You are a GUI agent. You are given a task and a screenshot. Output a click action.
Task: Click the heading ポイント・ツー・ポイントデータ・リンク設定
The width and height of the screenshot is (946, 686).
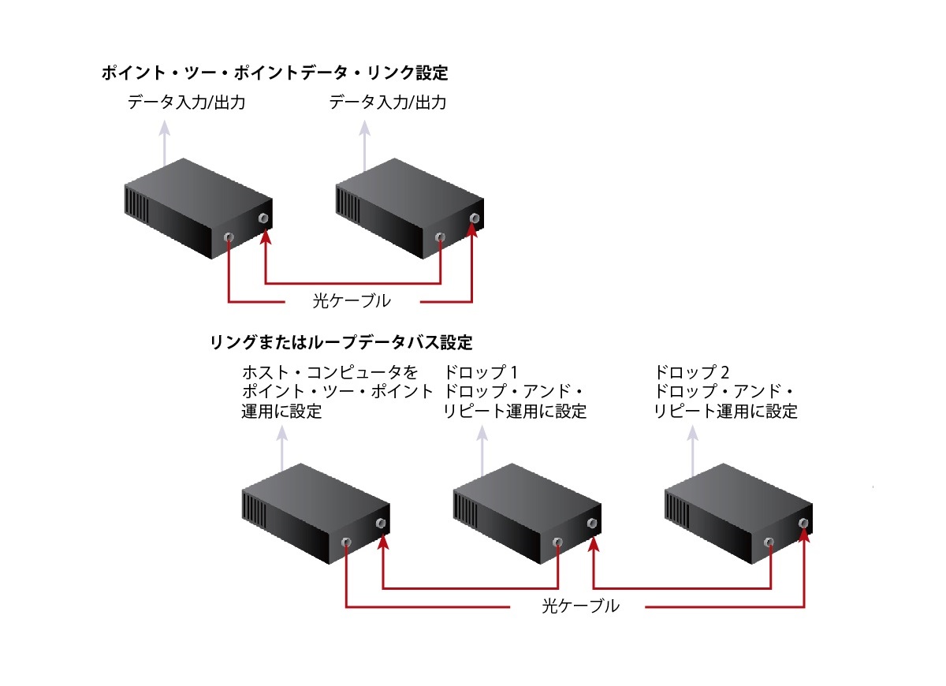[274, 73]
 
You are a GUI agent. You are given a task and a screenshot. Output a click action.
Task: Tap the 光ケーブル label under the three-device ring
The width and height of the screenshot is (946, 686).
[580, 606]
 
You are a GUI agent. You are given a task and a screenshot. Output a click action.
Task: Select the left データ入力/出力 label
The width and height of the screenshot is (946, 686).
[186, 103]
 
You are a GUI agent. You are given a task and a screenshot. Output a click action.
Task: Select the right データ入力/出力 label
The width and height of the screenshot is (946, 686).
[388, 103]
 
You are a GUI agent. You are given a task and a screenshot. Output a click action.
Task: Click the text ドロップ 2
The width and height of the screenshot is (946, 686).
[691, 371]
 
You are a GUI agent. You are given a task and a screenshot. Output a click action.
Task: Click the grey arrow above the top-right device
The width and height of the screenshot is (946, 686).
[364, 146]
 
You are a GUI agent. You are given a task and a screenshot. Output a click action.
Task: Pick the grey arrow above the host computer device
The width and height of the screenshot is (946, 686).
[281, 453]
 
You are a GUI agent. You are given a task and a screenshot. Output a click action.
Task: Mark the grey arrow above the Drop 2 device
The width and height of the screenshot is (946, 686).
[693, 451]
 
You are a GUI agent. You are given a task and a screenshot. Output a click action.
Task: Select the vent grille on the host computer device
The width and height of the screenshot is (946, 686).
[253, 509]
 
